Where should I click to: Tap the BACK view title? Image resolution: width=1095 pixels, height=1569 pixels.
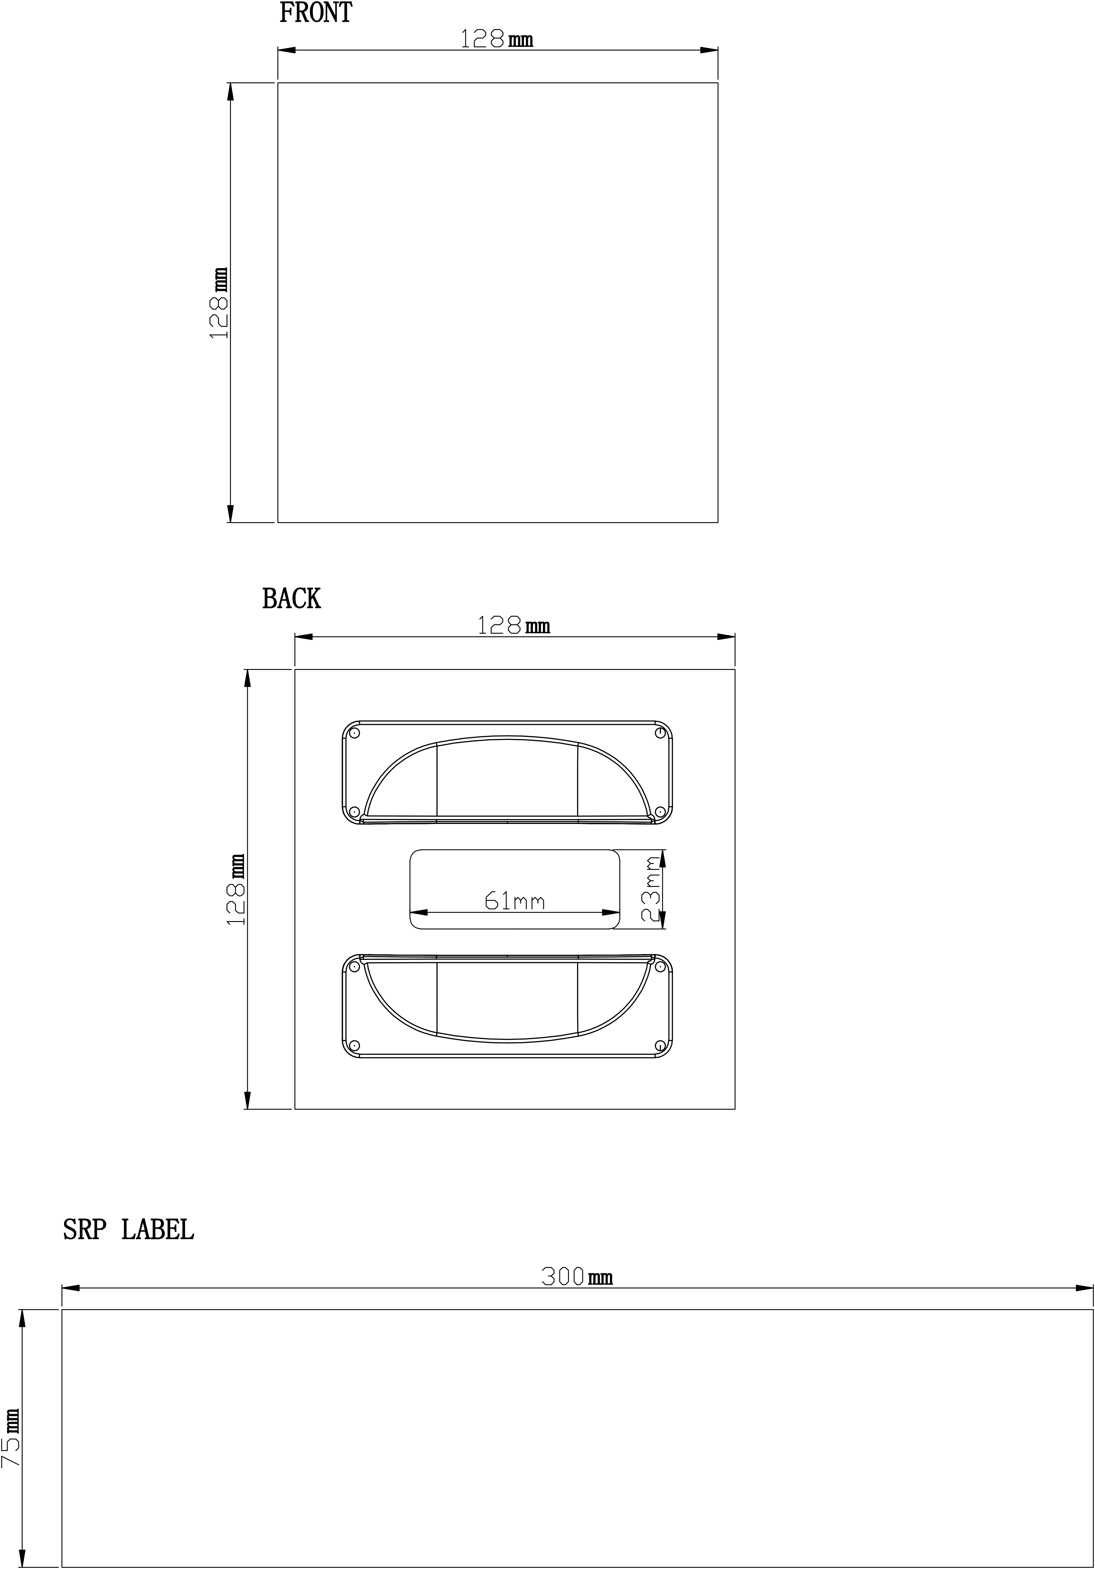pyautogui.click(x=291, y=599)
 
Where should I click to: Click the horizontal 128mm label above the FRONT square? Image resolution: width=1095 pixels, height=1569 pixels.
pyautogui.click(x=496, y=39)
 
